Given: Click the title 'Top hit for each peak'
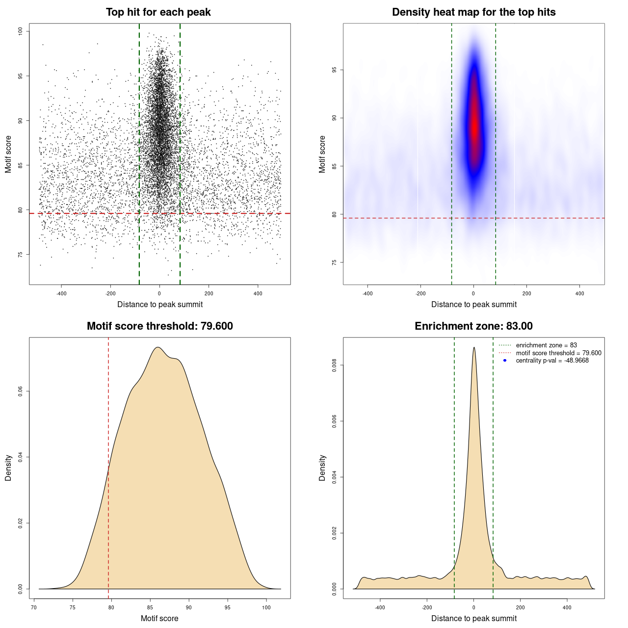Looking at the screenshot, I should coord(158,12).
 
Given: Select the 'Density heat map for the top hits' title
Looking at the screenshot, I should coord(473,12).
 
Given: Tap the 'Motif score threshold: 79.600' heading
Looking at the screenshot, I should coord(159,326).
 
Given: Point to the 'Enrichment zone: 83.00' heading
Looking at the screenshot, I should coord(473,326).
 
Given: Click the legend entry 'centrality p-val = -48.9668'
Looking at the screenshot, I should coord(552,361).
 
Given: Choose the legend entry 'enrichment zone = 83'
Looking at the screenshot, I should coord(546,345).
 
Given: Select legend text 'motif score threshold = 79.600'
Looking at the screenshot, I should coord(558,353).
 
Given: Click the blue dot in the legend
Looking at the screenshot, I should coord(505,361).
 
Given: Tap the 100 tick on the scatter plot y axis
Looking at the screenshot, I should coord(21,31).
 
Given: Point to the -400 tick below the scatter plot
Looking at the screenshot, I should coord(61,293).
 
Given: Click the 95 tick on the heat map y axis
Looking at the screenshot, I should coord(335,70).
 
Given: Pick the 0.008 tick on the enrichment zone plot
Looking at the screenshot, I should coord(335,365).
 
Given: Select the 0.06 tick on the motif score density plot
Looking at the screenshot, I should coord(21,391).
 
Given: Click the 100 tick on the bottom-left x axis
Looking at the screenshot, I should coord(266,607).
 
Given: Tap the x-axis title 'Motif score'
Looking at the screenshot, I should coord(159,618).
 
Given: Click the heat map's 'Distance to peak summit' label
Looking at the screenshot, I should coord(473,304).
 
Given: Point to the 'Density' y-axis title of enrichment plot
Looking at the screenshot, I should coord(322,468).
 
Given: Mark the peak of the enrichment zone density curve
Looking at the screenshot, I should coord(473,348).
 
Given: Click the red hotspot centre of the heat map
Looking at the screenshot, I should coord(474,125).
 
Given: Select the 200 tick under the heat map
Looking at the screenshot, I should coord(526,293).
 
